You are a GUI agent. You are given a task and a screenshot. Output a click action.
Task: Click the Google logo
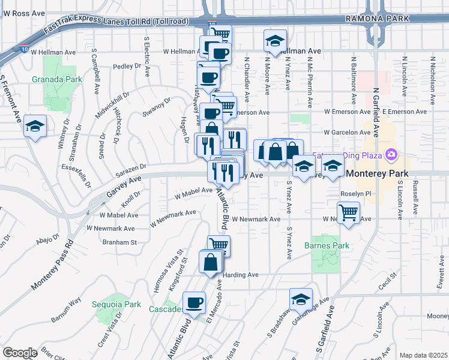pos(20,353)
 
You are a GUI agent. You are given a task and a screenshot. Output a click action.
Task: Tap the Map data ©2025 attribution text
pos(423,355)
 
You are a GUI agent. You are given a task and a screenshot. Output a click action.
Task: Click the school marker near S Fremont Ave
pos(35,127)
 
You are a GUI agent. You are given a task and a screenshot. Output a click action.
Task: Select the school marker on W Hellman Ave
pos(274,42)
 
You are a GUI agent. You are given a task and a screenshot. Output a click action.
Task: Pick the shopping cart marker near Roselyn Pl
pos(349,212)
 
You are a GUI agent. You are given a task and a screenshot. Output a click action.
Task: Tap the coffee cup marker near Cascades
pos(194,303)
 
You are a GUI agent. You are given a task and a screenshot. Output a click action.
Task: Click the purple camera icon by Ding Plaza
pos(392,156)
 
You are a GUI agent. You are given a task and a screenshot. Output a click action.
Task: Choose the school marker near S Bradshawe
pos(301,299)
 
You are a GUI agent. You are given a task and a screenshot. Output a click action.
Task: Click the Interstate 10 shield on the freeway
pos(212,23)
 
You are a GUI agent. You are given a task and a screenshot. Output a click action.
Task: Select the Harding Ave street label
pos(240,275)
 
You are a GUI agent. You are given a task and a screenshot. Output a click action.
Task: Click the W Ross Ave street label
pos(25,13)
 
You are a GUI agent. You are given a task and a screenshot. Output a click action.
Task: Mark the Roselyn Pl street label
pos(357,194)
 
